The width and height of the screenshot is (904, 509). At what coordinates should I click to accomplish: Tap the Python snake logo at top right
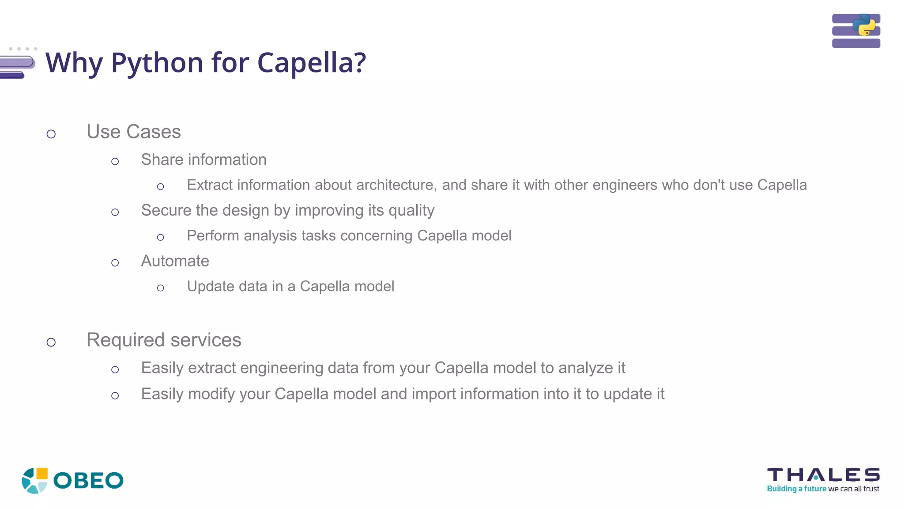[864, 25]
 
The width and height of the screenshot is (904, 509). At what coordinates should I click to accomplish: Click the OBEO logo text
[88, 481]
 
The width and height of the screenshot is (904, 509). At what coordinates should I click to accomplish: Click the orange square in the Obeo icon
[42, 474]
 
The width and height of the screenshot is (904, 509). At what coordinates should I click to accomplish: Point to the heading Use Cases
[133, 132]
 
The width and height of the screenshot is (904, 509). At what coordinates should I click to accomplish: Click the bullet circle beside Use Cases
[51, 134]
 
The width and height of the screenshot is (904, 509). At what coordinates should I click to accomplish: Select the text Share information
[203, 160]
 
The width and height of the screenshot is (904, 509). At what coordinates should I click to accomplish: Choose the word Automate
[175, 261]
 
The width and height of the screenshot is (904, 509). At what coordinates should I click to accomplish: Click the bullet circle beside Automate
[115, 263]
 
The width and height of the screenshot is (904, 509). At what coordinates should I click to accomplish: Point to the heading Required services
[164, 340]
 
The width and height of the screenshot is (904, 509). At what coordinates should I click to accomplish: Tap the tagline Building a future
[796, 489]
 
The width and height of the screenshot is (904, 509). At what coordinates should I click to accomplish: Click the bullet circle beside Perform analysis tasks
[161, 238]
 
